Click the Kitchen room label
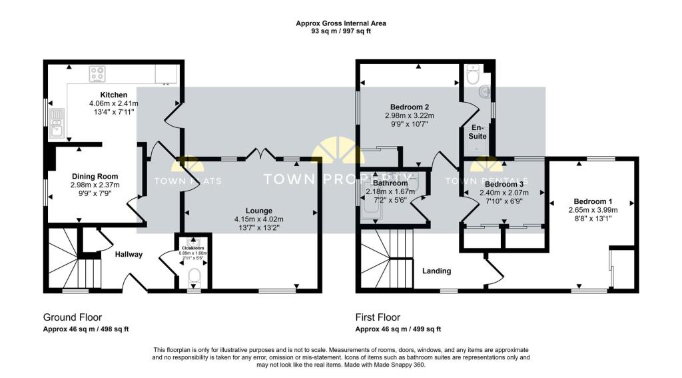[113, 95]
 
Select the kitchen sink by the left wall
[57, 123]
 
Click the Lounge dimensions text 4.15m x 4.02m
[258, 219]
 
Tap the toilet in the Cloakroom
[194, 275]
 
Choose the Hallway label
[129, 254]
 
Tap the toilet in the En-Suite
[473, 76]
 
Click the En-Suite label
[478, 131]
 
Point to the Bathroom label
[390, 183]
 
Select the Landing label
[436, 271]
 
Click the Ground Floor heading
[73, 317]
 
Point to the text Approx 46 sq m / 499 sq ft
[398, 329]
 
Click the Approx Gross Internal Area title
[340, 23]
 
